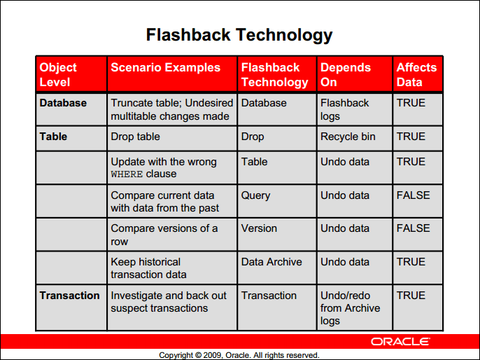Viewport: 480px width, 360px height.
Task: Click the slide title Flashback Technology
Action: point(239,35)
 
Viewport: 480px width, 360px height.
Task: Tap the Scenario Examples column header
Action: point(165,68)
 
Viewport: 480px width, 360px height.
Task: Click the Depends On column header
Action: point(346,74)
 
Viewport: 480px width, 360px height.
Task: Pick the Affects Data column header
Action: point(416,74)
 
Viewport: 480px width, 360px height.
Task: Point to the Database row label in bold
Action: point(63,103)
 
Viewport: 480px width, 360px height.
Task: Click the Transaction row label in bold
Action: point(69,296)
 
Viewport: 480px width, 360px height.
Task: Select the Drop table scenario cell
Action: point(135,137)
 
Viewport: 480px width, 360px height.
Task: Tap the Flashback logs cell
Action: point(344,109)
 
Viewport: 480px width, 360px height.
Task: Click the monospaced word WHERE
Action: point(127,174)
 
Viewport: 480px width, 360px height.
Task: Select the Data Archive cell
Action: point(271,262)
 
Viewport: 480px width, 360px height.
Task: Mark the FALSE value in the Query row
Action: point(413,195)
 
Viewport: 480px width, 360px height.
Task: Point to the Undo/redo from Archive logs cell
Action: point(350,308)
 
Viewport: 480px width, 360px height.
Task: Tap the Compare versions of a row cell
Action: point(164,235)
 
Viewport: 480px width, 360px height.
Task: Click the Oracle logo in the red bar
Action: point(400,342)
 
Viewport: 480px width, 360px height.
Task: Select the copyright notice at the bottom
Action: point(239,355)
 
